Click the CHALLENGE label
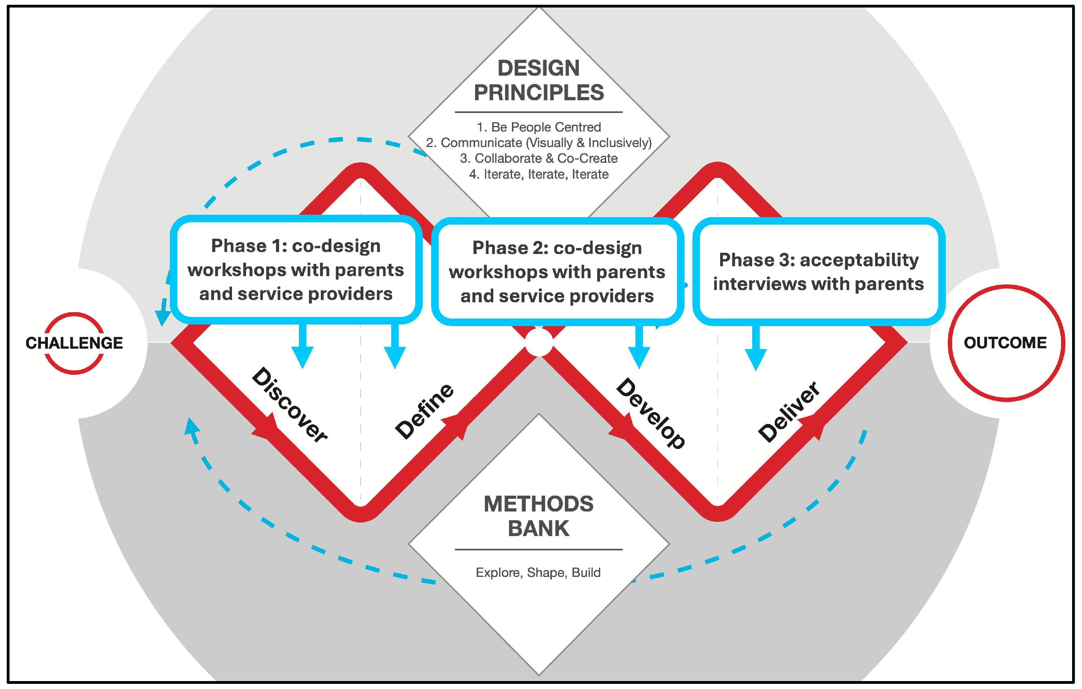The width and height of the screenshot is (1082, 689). pyautogui.click(x=74, y=343)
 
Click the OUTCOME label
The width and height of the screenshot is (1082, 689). pyautogui.click(x=1005, y=343)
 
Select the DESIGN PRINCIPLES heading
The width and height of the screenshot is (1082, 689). pyautogui.click(x=539, y=80)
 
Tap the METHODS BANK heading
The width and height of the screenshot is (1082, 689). pyautogui.click(x=538, y=516)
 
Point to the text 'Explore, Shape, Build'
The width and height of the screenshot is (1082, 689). pyautogui.click(x=538, y=573)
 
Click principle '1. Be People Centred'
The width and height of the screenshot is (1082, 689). pyautogui.click(x=539, y=127)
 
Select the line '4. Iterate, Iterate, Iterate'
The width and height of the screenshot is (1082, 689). pyautogui.click(x=539, y=174)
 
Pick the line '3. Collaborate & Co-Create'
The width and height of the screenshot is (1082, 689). pyautogui.click(x=539, y=158)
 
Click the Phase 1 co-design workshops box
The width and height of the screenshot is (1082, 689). pyautogui.click(x=296, y=269)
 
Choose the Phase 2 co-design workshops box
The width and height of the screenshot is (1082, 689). pyautogui.click(x=557, y=272)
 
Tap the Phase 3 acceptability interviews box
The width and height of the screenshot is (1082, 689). pyautogui.click(x=818, y=272)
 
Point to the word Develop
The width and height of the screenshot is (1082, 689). pyautogui.click(x=650, y=413)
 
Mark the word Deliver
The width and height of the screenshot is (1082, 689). pyautogui.click(x=789, y=412)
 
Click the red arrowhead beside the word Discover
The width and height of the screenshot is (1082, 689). pyautogui.click(x=267, y=427)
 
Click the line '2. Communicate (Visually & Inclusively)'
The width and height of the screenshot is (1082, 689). pyautogui.click(x=539, y=143)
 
